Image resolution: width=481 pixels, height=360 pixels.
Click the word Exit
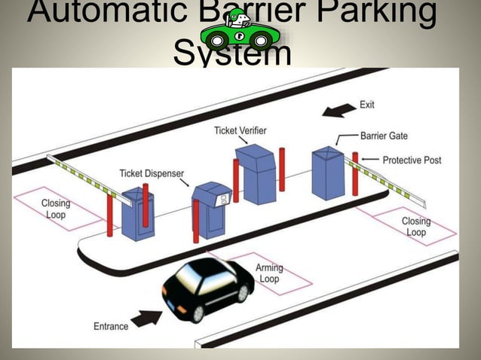pos(366,105)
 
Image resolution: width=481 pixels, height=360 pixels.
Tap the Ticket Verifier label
pos(240,130)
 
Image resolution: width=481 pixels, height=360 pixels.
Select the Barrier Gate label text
pos(384,136)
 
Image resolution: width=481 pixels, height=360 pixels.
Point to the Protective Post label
pos(412,160)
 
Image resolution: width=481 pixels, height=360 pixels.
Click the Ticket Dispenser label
pos(152,174)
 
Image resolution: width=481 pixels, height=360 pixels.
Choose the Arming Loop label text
pos(269,273)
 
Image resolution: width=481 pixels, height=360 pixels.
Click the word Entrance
pos(111,326)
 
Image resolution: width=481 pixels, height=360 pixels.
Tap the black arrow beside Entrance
pos(146,317)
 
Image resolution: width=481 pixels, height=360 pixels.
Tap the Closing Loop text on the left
pos(56,209)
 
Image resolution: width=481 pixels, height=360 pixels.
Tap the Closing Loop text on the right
pos(415,227)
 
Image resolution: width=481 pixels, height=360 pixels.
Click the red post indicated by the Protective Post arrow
pos(355,173)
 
